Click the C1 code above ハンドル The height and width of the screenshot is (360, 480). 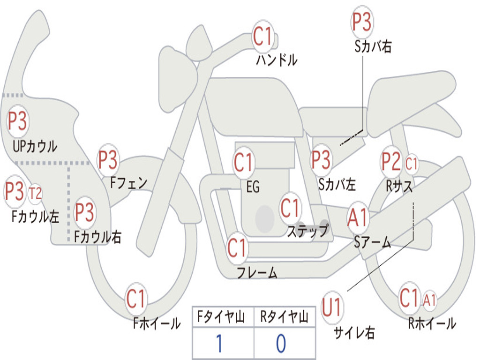point(263,36)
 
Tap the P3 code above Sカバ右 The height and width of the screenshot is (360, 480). point(362,22)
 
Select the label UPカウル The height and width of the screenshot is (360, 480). point(35,146)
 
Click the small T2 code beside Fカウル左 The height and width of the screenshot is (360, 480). point(35,193)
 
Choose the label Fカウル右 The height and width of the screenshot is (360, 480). point(98,238)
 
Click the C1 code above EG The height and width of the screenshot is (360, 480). point(243,163)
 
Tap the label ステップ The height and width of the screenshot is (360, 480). point(307,231)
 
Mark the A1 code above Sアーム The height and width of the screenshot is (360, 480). point(358,218)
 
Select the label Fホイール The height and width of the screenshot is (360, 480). point(157,323)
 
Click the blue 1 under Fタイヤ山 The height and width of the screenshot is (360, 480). point(218,344)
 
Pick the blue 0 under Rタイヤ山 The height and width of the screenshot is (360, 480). point(280,344)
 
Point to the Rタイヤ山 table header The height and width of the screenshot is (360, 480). point(284,318)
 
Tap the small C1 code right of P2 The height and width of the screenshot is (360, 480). point(411,164)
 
